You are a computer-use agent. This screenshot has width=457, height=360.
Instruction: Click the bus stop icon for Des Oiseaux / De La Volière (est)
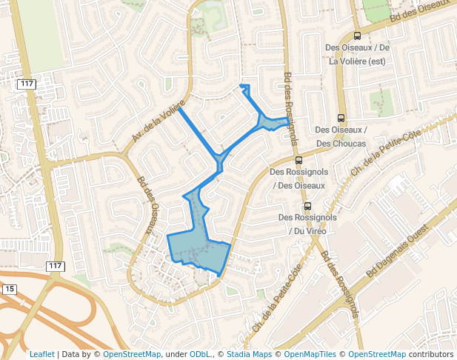[358, 36]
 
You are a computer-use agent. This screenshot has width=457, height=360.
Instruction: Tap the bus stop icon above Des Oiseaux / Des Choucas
[341, 117]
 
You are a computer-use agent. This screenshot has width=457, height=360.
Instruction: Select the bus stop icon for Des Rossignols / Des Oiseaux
[298, 160]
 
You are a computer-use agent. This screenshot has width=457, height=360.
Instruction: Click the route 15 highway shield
[9, 288]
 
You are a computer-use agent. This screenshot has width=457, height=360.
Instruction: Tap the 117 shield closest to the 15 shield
[55, 266]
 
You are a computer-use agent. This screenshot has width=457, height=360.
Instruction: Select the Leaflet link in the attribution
[41, 354]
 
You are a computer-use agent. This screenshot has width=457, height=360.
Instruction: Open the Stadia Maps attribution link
[248, 354]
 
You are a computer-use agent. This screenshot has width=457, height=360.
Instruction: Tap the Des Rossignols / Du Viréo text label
[307, 224]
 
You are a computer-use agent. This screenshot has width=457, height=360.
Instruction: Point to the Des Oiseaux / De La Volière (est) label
[358, 55]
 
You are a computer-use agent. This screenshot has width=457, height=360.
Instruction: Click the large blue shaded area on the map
[198, 245]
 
